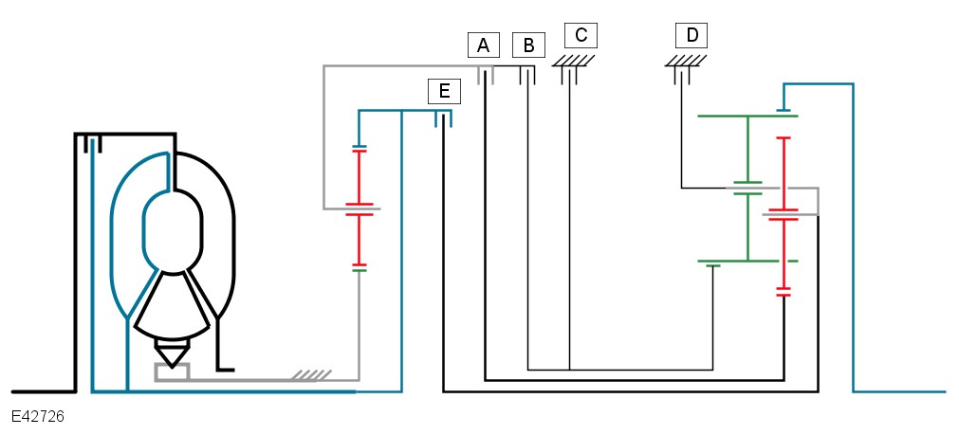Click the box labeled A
tap(483, 45)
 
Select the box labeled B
tap(528, 45)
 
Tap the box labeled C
tap(581, 36)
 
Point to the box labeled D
tap(692, 36)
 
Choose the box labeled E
tap(443, 91)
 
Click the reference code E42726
tap(38, 417)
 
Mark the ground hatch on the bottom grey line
tap(306, 375)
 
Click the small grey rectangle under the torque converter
tap(172, 372)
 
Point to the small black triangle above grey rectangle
tap(172, 354)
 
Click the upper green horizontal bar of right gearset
tap(747, 116)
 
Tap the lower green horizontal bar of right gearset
tap(747, 261)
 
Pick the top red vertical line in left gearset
tap(359, 176)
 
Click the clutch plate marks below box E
tap(443, 118)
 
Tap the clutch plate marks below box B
tap(527, 75)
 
